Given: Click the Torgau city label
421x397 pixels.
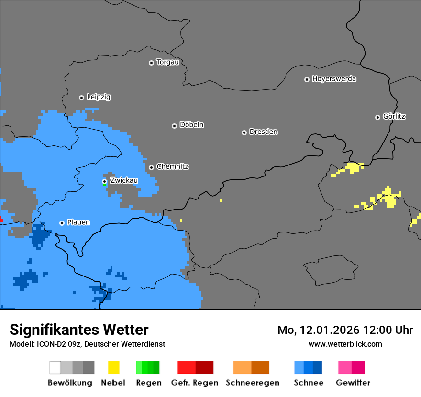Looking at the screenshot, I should pos(167,62).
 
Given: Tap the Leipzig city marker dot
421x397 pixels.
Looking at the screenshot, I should pos(81,98).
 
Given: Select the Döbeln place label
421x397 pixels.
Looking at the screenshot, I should pos(191,125).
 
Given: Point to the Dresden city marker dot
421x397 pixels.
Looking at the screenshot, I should pos(244,132).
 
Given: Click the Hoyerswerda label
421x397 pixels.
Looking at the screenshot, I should pos(334,79).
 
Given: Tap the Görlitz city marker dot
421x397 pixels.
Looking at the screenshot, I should pos(377,117).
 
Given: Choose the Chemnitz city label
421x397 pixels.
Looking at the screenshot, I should pos(172,167).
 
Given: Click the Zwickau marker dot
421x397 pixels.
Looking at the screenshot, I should pos(104,181).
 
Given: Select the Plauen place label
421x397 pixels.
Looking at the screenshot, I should pos(78,222).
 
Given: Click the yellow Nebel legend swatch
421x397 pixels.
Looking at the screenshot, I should pos(113,367).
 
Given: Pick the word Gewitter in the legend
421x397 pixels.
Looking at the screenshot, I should pos(353,383).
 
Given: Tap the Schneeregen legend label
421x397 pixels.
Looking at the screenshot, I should pos(253,383).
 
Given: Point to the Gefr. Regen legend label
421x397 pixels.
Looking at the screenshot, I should pos(195,383).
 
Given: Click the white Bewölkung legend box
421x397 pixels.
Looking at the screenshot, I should pos(55,367).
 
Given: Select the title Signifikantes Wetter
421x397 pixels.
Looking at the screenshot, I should pos(79,330).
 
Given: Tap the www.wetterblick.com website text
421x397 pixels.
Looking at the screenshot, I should pos(345,344).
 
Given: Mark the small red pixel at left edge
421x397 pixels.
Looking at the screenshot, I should pos(1,220).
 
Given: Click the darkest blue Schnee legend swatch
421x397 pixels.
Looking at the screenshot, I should pos(318,367).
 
